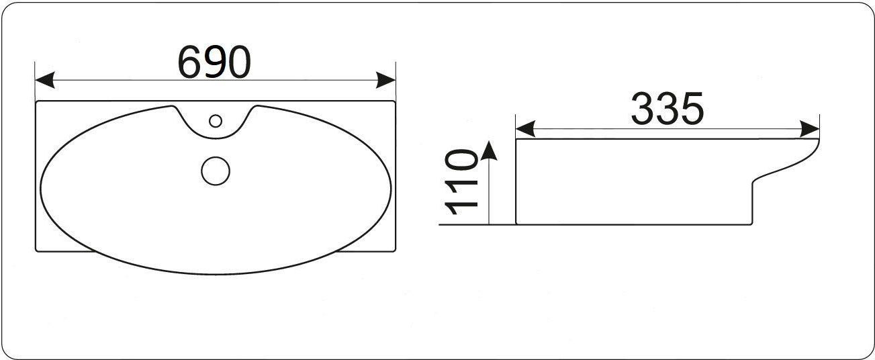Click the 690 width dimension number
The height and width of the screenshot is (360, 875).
pyautogui.click(x=214, y=62)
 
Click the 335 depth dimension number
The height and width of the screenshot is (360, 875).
pyautogui.click(x=667, y=109)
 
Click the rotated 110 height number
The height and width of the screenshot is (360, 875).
pyautogui.click(x=461, y=182)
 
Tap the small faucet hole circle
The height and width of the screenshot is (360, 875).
pyautogui.click(x=216, y=121)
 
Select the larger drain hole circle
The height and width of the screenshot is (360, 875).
pyautogui.click(x=216, y=171)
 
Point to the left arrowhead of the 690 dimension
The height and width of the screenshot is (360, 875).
pyautogui.click(x=44, y=80)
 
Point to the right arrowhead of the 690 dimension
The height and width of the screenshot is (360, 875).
pyautogui.click(x=385, y=80)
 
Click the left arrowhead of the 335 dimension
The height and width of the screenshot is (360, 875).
pyautogui.click(x=525, y=129)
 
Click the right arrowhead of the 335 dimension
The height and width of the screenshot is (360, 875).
pyautogui.click(x=809, y=129)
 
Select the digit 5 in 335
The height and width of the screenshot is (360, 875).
pyautogui.click(x=692, y=109)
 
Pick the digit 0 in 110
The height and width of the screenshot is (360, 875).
pyautogui.click(x=461, y=161)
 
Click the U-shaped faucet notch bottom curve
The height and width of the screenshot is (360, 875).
pyautogui.click(x=215, y=138)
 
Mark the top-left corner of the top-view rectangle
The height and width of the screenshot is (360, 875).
pyautogui.click(x=36, y=101)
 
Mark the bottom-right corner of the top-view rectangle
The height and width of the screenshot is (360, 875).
pyautogui.click(x=396, y=251)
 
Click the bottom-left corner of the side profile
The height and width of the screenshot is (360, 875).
pyautogui.click(x=516, y=224)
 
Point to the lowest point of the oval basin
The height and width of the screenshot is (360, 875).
pyautogui.click(x=216, y=274)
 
